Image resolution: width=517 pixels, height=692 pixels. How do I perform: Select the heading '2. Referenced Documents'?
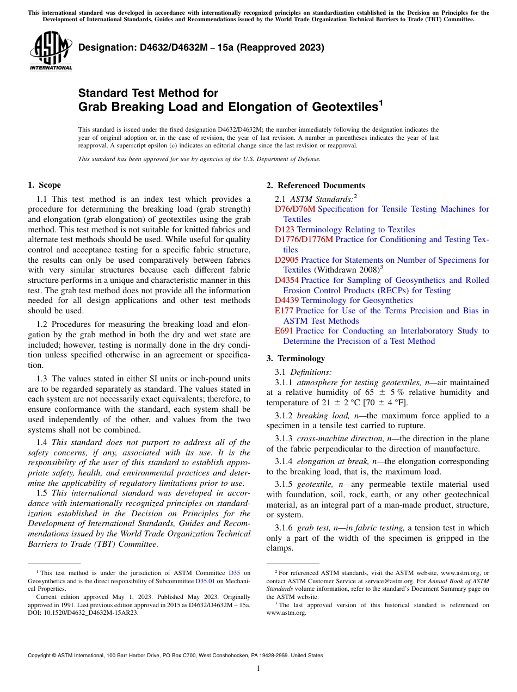pos(316,186)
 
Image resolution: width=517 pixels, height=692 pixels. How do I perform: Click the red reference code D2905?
pos(287,260)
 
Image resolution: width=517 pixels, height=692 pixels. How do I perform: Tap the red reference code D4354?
pos(287,280)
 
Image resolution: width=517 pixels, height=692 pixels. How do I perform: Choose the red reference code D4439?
pos(287,300)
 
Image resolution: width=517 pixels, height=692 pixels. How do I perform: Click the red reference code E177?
pos(284,311)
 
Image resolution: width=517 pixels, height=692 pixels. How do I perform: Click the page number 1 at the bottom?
pos(258,669)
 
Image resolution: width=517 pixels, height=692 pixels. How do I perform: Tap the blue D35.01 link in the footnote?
pos(205,581)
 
